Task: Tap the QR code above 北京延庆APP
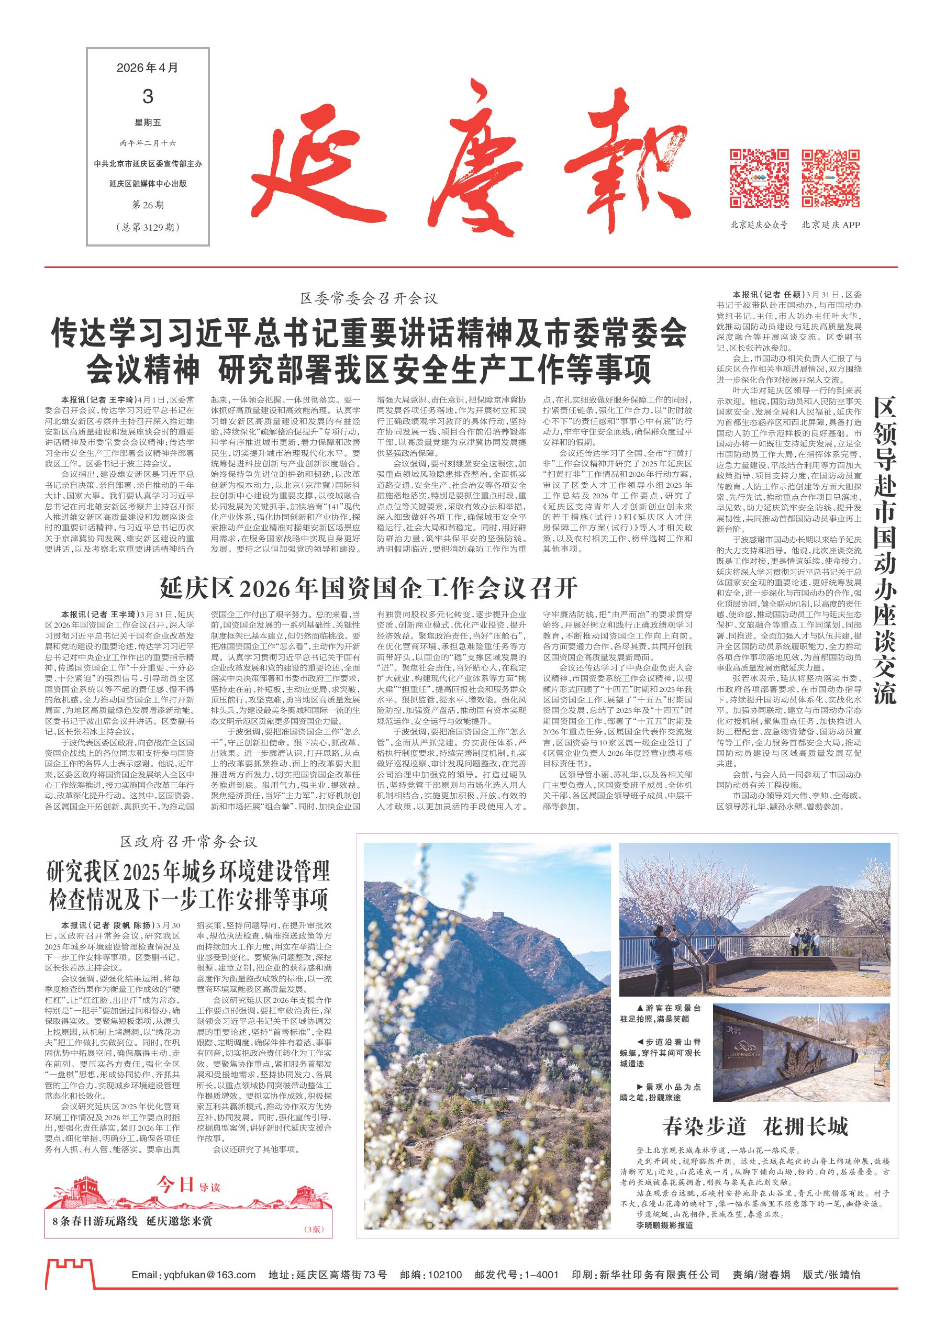pos(830,178)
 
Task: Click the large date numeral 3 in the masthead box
pos(147,96)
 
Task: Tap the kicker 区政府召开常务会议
pos(188,842)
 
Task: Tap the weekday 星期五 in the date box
pos(147,122)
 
